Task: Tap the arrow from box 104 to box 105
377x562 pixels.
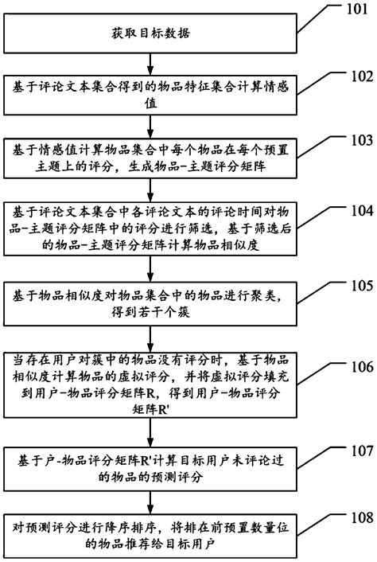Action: [x=148, y=269]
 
